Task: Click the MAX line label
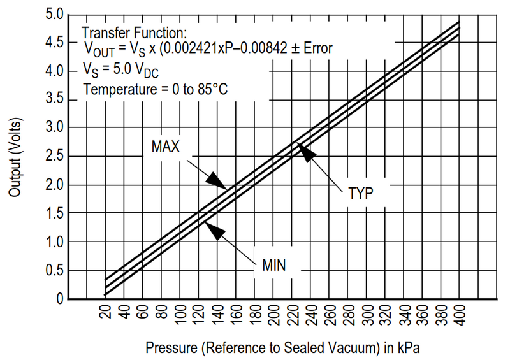166,147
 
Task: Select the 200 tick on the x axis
273,316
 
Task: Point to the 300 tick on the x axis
367,316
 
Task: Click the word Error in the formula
317,48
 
